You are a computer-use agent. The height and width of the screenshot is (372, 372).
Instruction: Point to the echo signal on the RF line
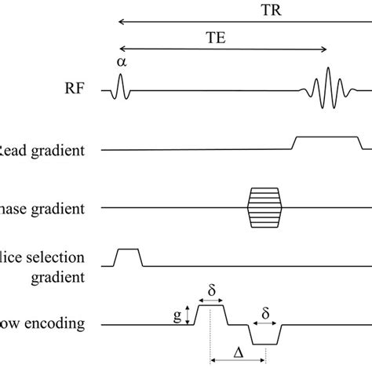(x=326, y=90)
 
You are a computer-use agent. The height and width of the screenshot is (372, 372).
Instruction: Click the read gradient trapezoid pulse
(x=326, y=142)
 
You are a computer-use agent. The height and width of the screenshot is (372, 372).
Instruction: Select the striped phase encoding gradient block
(x=261, y=207)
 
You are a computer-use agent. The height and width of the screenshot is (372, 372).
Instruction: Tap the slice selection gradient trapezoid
(x=128, y=257)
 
